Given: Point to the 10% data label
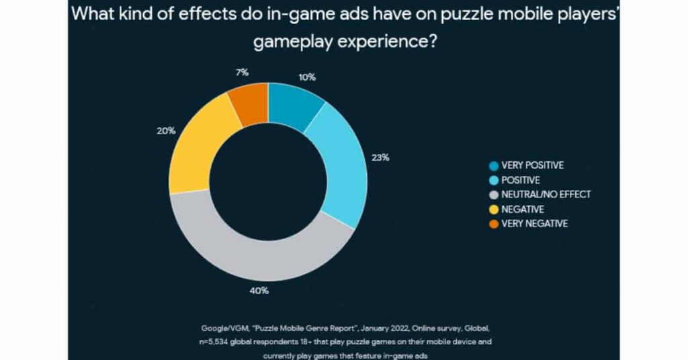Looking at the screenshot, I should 307,77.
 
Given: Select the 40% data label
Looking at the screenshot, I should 260,291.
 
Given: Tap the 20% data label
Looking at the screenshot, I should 166,131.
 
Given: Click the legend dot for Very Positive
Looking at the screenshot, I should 493,165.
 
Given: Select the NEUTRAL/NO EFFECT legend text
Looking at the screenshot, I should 546,195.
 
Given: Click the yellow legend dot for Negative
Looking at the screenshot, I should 493,210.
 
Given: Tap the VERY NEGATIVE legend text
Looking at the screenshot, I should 535,224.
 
